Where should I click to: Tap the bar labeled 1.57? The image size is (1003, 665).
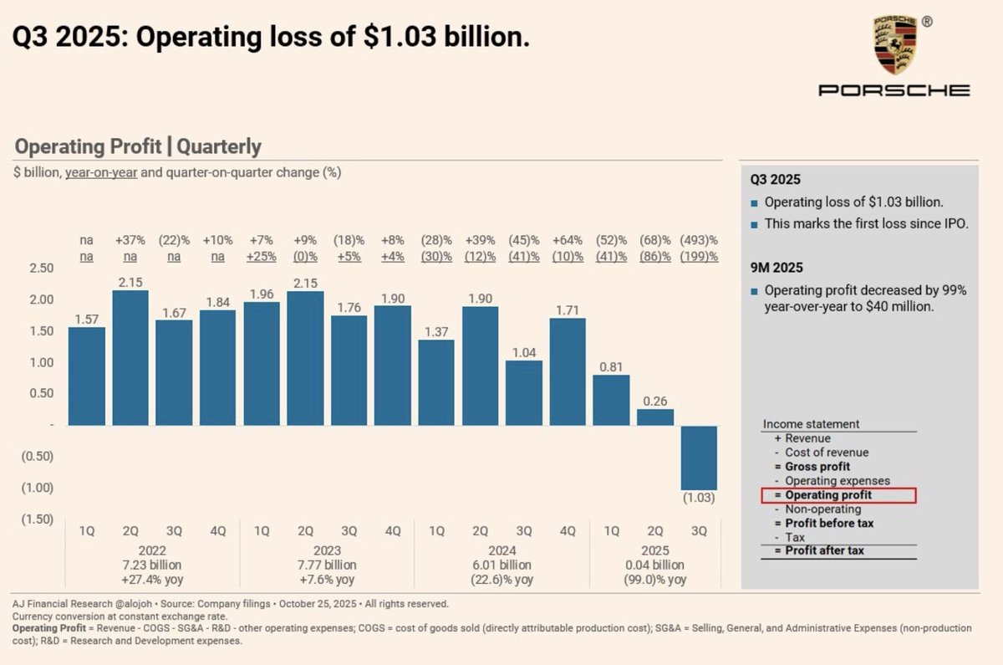coord(87,376)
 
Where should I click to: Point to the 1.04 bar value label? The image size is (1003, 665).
coord(524,352)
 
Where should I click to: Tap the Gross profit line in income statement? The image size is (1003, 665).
coord(817,467)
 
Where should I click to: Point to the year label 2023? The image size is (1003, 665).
coord(327,550)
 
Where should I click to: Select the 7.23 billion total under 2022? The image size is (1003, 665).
coord(152,565)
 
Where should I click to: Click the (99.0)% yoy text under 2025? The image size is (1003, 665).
coord(654,579)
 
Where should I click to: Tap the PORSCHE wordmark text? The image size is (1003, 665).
coord(894,90)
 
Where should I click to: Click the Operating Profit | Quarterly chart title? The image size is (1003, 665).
coord(138,147)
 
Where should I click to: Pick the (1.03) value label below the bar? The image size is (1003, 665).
coord(698,499)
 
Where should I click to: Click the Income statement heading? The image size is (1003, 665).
coord(812,424)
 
